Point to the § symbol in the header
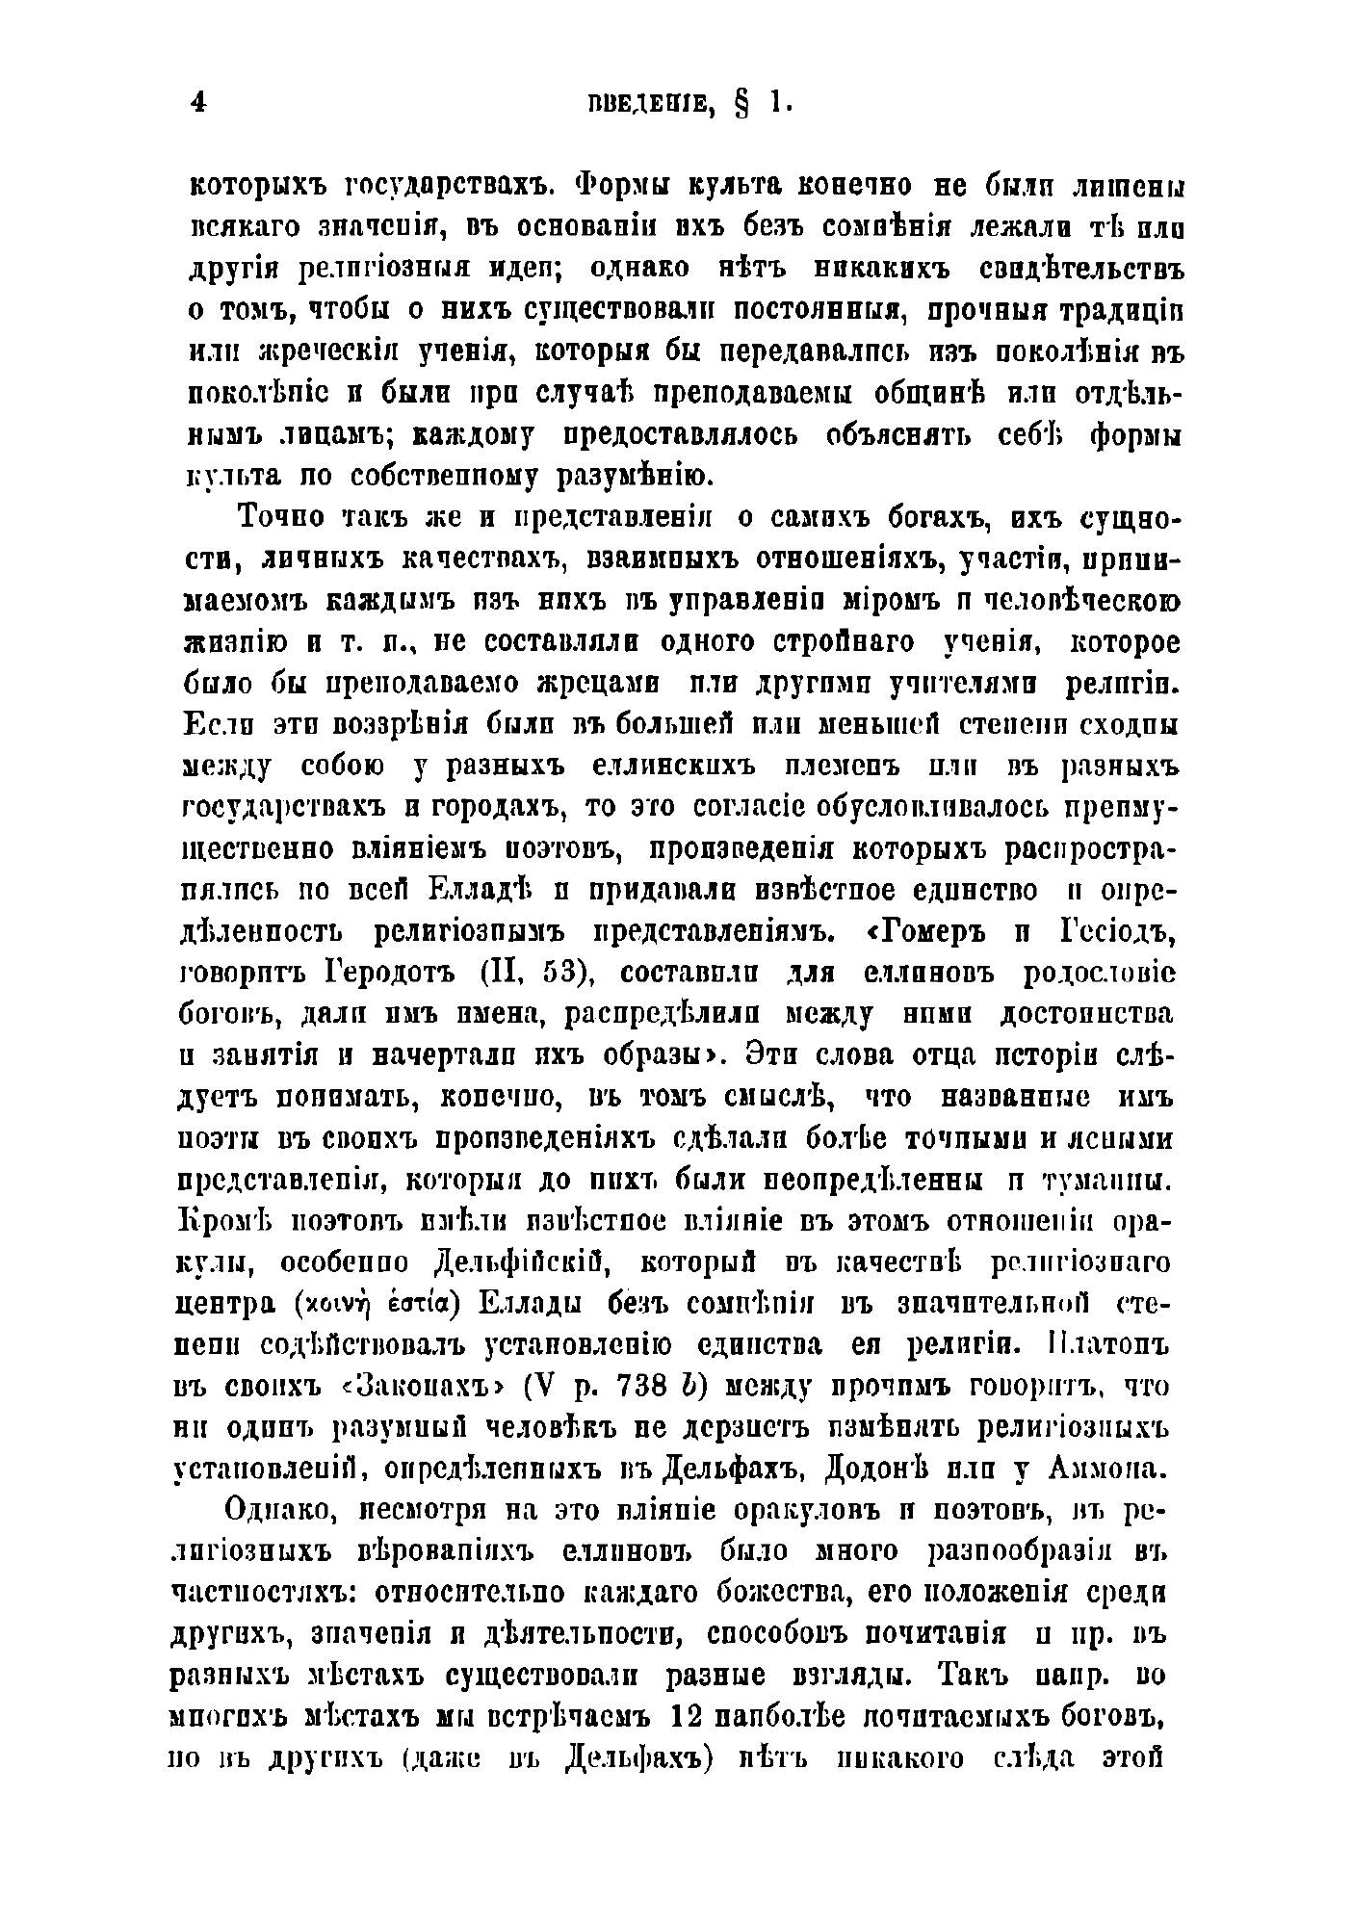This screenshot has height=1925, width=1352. tap(741, 105)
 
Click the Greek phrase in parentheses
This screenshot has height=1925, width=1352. tap(377, 1305)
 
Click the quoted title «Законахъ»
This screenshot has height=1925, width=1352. tap(415, 1388)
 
